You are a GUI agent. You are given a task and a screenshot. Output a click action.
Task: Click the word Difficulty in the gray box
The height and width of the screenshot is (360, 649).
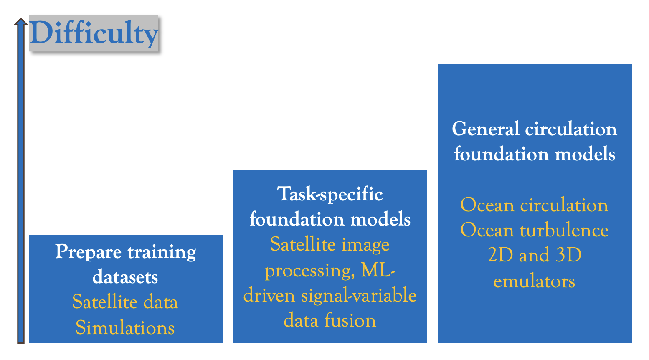[94, 33]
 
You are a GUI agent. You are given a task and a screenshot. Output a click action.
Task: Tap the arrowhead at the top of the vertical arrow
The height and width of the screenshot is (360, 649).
[21, 22]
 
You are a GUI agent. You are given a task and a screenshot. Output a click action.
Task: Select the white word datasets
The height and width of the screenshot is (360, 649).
[125, 277]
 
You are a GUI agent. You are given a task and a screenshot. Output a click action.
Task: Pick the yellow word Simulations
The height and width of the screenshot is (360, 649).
[125, 327]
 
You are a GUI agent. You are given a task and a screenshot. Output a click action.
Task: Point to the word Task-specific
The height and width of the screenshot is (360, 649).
[330, 195]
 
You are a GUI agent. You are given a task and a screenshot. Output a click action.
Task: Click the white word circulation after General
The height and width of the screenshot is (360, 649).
[571, 129]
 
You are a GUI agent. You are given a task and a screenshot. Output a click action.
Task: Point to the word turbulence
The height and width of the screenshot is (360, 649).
[564, 230]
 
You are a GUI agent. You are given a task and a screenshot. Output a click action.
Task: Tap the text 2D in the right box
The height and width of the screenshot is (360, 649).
[500, 255]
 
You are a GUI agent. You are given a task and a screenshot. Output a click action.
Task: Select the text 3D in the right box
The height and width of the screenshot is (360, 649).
[569, 255]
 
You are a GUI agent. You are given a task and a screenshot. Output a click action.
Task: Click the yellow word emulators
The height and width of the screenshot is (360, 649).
[534, 281]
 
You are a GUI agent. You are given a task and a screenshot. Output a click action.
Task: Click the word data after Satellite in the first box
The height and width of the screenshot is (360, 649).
[161, 302]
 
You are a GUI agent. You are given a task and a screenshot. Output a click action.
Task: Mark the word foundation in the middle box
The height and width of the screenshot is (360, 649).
[297, 219]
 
